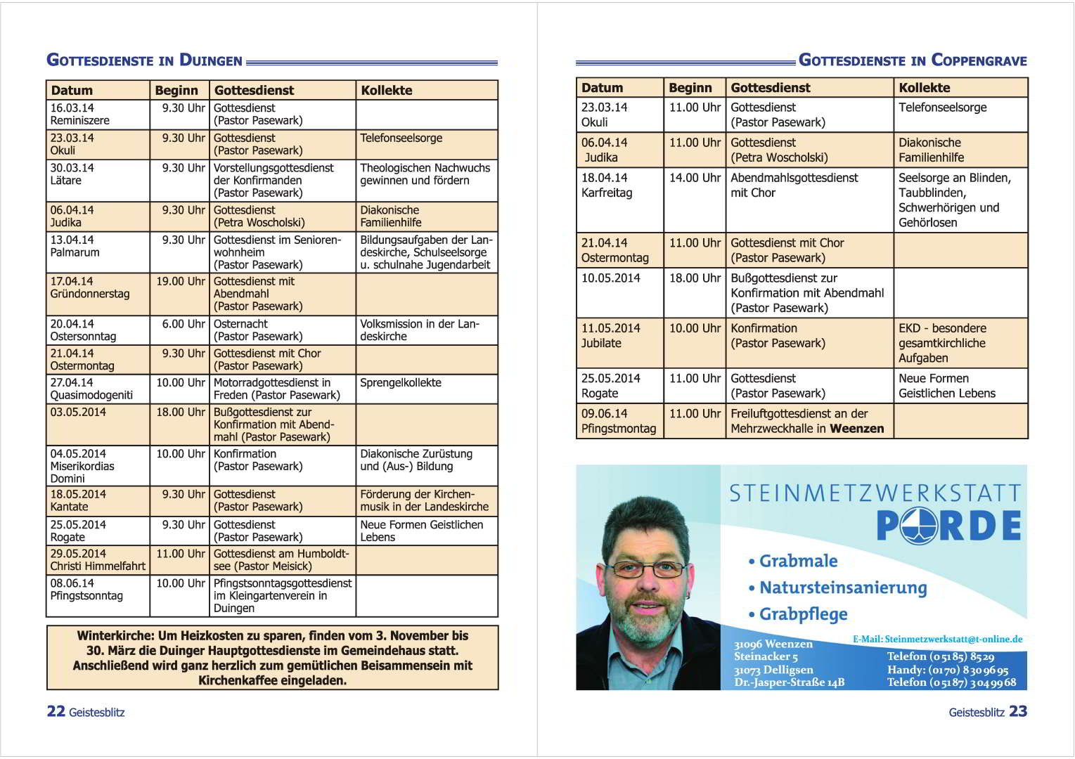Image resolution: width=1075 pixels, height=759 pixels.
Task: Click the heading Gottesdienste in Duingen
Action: [144, 60]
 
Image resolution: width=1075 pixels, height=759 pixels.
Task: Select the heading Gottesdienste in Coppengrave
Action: [913, 60]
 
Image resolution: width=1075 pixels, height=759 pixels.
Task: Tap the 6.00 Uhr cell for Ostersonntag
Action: [183, 324]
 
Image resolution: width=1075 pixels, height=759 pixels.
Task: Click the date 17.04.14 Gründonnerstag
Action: [90, 287]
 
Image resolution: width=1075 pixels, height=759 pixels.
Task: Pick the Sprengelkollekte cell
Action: [401, 383]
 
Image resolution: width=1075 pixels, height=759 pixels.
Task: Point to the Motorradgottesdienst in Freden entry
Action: [276, 389]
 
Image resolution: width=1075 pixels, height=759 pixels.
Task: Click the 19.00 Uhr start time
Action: [181, 282]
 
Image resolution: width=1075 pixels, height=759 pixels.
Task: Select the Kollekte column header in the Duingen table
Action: [387, 90]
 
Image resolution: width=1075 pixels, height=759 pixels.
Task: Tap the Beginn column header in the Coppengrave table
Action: [690, 88]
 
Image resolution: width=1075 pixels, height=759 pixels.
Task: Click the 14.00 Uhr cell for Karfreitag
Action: [695, 178]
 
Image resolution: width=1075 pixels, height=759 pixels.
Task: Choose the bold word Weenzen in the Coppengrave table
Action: [856, 429]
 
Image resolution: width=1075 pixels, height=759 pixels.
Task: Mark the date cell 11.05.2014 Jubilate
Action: [610, 335]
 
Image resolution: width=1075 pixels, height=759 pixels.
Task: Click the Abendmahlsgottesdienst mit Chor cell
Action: [794, 185]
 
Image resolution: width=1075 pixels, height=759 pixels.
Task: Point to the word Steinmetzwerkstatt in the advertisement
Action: [875, 493]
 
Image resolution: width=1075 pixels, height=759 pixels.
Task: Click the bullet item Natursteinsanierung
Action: [843, 588]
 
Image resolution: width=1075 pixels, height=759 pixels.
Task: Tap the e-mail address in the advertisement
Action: [953, 640]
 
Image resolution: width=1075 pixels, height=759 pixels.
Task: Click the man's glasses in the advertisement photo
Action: [645, 569]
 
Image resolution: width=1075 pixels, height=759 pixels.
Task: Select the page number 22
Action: [56, 711]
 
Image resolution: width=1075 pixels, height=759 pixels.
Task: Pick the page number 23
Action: [1018, 711]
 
